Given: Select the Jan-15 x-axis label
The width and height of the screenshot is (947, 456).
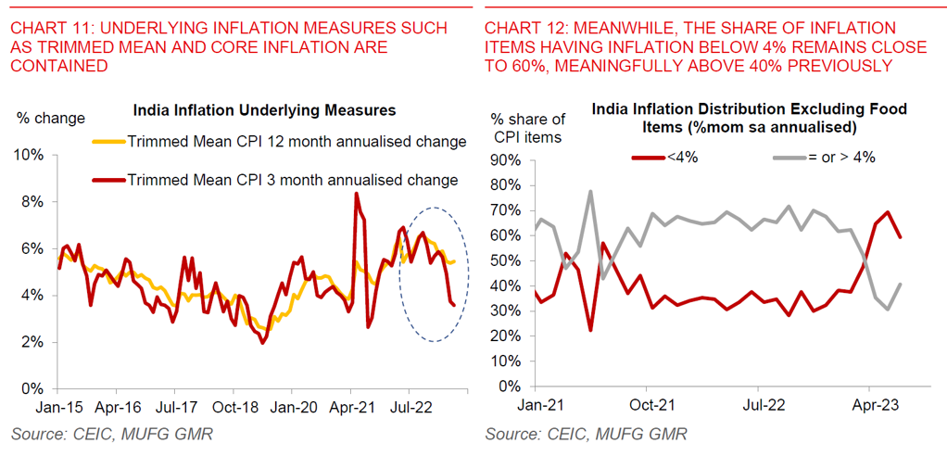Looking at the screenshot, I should (59, 405).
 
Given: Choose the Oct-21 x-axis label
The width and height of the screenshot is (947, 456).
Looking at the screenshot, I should (651, 405).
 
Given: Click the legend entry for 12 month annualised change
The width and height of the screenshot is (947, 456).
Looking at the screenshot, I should (296, 142).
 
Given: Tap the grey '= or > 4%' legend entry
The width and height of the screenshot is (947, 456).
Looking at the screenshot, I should (840, 158).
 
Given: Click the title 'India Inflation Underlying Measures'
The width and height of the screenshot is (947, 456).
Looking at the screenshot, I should (264, 110).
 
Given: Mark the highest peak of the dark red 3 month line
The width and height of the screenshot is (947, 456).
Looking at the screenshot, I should (356, 194).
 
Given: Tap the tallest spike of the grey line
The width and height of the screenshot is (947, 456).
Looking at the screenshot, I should (589, 192).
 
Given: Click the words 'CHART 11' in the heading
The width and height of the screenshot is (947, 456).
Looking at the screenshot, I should (45, 29).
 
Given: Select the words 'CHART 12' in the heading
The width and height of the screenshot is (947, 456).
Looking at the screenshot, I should (520, 29).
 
